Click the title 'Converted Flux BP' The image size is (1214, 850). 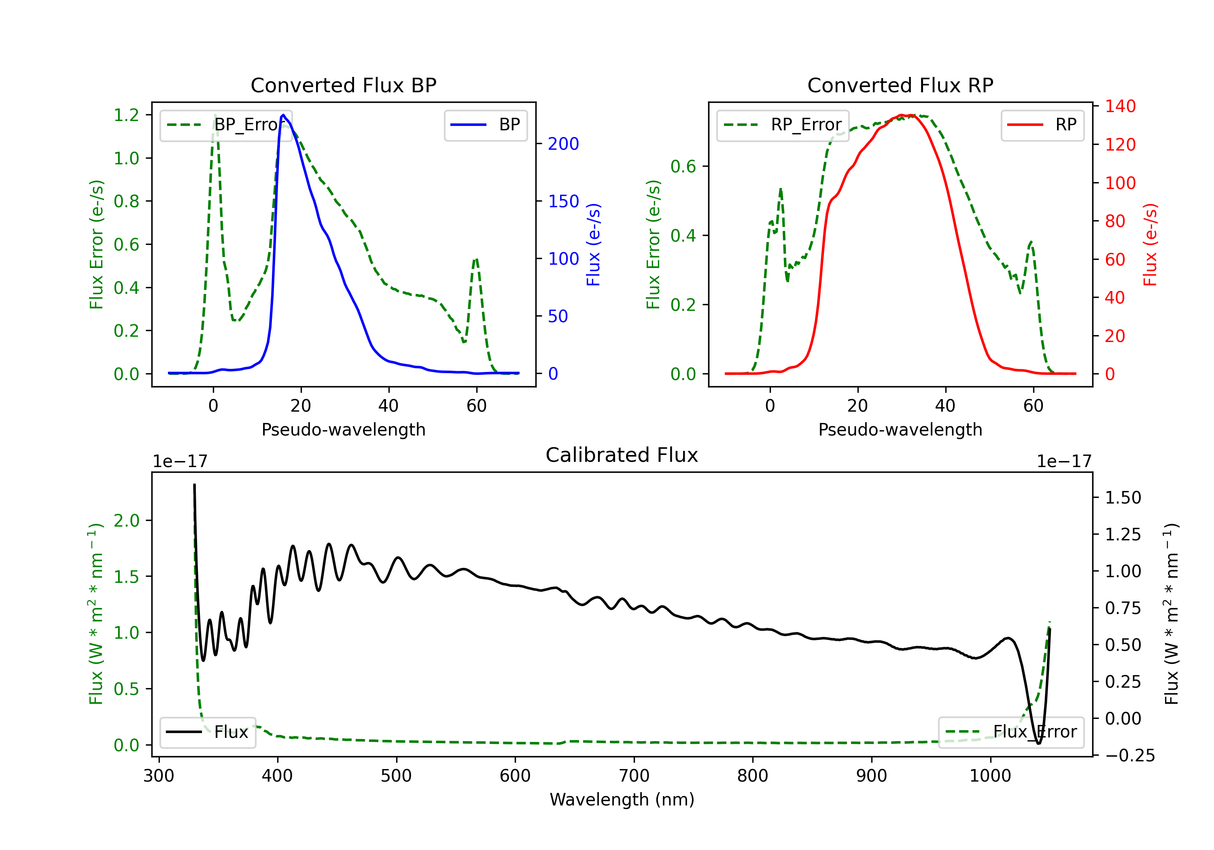(x=343, y=85)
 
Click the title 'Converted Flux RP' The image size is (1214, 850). (x=900, y=85)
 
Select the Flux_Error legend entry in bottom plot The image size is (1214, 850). (x=1011, y=732)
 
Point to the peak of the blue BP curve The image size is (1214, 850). (x=283, y=115)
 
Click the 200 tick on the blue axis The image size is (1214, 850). (x=563, y=144)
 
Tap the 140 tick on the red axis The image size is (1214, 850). (x=1120, y=106)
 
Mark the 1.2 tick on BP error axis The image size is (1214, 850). (x=126, y=115)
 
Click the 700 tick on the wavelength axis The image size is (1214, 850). (x=633, y=776)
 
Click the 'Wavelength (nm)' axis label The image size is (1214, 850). (x=622, y=799)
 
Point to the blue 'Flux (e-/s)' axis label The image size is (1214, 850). (x=593, y=244)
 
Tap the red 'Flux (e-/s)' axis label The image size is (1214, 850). (x=1150, y=244)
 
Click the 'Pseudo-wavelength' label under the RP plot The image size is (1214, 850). (x=900, y=429)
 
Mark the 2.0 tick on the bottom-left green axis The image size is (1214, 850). (x=126, y=521)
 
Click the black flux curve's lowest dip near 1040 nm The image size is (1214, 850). (x=1038, y=743)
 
